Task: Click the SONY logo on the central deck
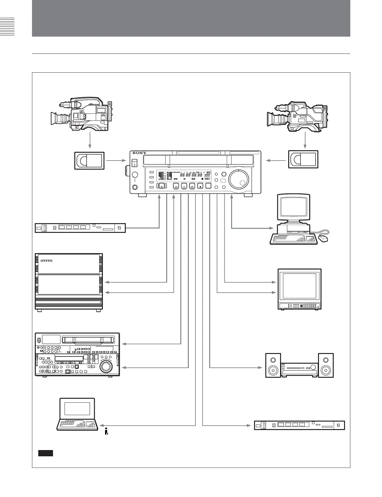pyautogui.click(x=139, y=153)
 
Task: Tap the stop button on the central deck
pyautogui.click(x=200, y=186)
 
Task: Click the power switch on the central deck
pyautogui.click(x=135, y=163)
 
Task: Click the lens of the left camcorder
pyautogui.click(x=57, y=119)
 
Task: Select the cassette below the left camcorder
pyautogui.click(x=89, y=161)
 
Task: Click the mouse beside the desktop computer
pyautogui.click(x=323, y=239)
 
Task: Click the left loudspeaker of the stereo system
pyautogui.click(x=273, y=365)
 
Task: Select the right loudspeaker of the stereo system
pyautogui.click(x=326, y=365)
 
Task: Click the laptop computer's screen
pyautogui.click(x=77, y=409)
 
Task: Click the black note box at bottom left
pyautogui.click(x=45, y=453)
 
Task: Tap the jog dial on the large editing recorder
pyautogui.click(x=106, y=365)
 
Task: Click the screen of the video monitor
pyautogui.click(x=300, y=286)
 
